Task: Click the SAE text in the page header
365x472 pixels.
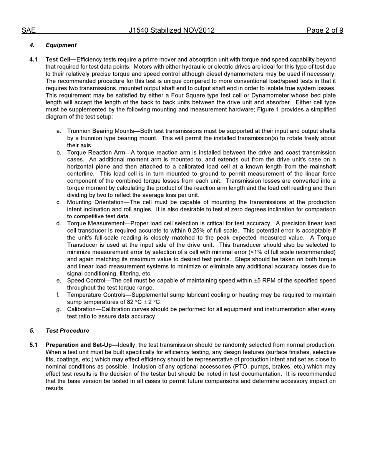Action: [x=28, y=30]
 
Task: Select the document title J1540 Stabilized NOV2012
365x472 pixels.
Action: [x=171, y=30]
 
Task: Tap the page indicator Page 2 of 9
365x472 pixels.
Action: [x=325, y=30]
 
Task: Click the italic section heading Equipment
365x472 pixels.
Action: [x=61, y=45]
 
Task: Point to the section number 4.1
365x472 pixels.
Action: [x=34, y=59]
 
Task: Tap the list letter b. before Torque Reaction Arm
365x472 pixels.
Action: [x=59, y=153]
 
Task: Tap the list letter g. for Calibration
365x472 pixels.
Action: [x=59, y=309]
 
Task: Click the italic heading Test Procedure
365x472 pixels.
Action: [x=67, y=331]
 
